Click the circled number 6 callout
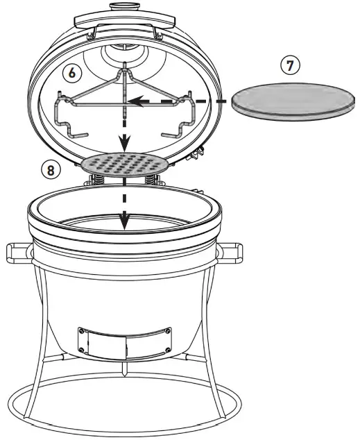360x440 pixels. [x=71, y=72]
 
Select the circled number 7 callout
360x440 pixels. [x=290, y=65]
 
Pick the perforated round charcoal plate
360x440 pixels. [x=124, y=165]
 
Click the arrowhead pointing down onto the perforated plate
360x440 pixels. [x=124, y=144]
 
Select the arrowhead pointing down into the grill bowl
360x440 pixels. [x=124, y=223]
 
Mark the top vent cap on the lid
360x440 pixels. [x=125, y=6]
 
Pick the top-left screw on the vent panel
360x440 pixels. [x=83, y=331]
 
